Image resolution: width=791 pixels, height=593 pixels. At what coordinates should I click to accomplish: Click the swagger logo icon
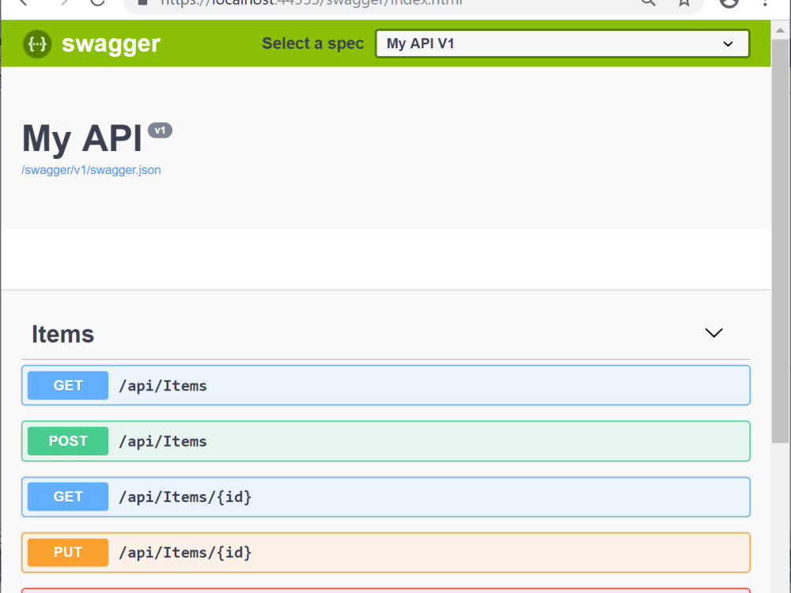coord(37,44)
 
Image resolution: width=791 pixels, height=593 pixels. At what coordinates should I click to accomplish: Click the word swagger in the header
coord(111,44)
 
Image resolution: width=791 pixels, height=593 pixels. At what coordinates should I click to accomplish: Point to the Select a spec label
coord(312,43)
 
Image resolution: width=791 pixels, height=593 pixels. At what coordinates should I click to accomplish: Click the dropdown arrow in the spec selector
coord(729,44)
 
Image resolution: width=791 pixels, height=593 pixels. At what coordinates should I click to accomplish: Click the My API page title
coord(82,138)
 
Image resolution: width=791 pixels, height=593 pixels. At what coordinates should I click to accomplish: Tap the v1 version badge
coord(160,130)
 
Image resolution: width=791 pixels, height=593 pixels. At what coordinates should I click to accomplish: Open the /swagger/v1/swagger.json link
coord(91,170)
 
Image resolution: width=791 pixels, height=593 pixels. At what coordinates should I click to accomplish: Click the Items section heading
coord(63,334)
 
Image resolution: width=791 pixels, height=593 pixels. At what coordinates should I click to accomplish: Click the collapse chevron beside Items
coord(713,333)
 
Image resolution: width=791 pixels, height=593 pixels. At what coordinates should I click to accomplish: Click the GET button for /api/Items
coord(68,386)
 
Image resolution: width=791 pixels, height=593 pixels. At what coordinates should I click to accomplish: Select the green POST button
coord(68,441)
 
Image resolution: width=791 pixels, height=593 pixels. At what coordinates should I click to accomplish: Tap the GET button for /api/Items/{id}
coord(68,497)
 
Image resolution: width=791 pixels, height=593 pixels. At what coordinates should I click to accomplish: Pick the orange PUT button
coord(68,552)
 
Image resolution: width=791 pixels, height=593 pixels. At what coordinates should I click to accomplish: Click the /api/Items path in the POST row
coord(163,441)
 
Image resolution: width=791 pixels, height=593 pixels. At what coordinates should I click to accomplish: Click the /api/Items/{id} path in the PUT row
coord(185,552)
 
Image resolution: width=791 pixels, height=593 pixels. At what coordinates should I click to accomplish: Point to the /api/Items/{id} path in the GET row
coord(185,497)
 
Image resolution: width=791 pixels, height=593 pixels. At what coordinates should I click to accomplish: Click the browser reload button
coord(98,2)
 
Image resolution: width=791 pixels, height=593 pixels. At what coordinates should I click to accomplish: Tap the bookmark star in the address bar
coord(684,3)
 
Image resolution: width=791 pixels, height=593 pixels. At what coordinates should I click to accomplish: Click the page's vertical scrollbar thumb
coord(780,237)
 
